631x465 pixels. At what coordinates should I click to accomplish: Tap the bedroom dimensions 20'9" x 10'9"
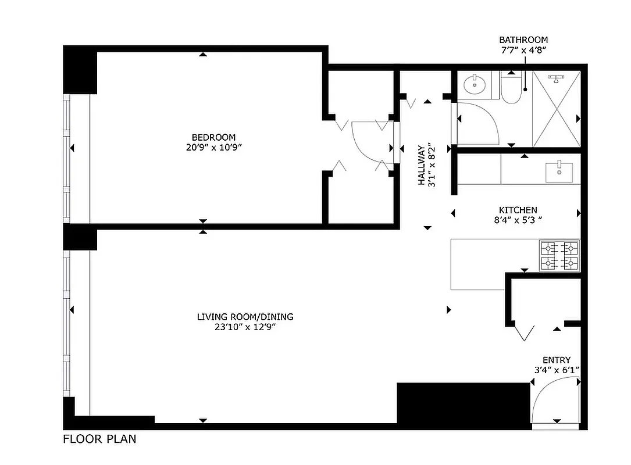(210, 148)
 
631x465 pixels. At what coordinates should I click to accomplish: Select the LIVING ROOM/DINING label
(245, 317)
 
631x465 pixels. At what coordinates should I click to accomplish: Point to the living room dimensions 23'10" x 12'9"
(244, 327)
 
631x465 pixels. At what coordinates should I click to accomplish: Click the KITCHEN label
(518, 210)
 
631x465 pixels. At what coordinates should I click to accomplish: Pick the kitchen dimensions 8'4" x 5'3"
(517, 220)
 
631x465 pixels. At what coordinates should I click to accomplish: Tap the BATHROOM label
(523, 40)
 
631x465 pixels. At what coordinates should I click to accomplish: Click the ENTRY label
(557, 360)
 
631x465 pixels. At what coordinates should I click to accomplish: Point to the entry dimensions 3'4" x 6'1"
(557, 370)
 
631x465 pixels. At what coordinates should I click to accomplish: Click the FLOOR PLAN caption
(99, 439)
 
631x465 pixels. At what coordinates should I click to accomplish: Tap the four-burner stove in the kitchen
(559, 256)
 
